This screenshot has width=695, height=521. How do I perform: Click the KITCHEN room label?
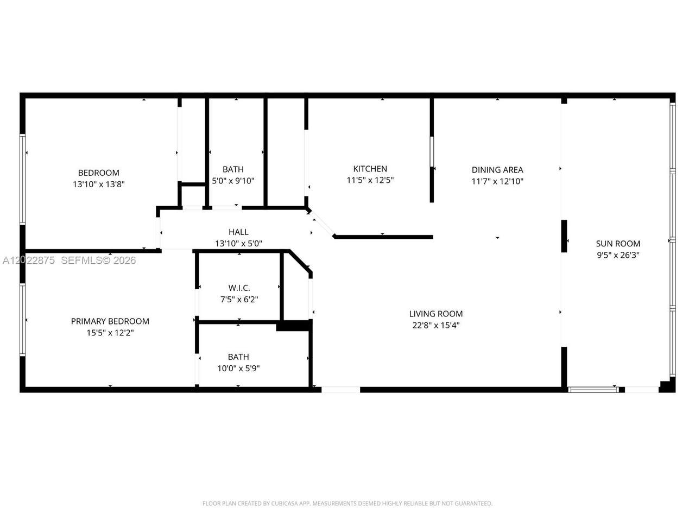point(370,169)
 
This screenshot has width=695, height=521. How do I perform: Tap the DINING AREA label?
point(497,170)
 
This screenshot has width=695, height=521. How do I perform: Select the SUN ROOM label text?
point(618,244)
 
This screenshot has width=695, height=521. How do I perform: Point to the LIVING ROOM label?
point(435,314)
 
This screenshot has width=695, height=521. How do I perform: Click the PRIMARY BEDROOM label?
point(110,321)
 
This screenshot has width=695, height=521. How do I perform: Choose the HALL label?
point(238,232)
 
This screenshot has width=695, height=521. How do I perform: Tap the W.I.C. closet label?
point(239,288)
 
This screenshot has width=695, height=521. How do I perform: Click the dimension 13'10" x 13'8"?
point(99,184)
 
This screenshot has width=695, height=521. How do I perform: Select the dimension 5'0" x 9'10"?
point(233,181)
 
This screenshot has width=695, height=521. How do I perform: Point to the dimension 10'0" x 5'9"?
point(238,368)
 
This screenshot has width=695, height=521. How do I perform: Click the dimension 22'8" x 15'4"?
point(435,325)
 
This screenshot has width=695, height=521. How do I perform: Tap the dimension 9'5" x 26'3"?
point(618,255)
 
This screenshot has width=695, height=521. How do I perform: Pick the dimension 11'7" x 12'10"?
point(497,181)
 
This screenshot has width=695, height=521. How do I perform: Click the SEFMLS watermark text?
point(98,260)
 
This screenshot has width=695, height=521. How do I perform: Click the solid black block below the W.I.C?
point(293,326)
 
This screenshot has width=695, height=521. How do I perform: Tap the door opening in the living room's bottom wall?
point(340,390)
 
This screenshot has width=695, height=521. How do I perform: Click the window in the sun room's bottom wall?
point(593,390)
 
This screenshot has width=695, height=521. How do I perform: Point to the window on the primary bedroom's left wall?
point(22,320)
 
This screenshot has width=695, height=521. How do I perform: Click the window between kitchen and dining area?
point(432,151)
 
